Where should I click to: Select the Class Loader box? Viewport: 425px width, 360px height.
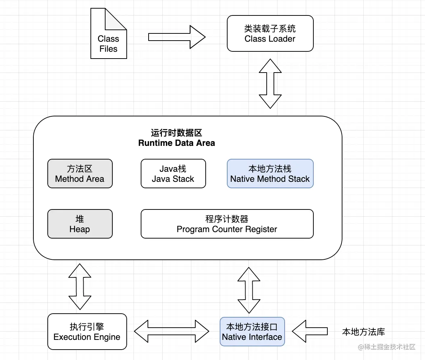(270, 33)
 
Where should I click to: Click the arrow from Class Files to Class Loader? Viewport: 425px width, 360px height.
(177, 37)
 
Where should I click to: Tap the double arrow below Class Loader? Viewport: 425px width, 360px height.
(270, 83)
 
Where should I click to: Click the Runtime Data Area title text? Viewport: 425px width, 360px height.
(177, 138)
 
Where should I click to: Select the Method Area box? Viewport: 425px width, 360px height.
(80, 174)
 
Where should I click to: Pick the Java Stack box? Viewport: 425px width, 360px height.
(173, 174)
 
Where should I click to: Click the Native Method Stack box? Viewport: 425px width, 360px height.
(270, 174)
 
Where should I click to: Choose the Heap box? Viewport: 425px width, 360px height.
(80, 224)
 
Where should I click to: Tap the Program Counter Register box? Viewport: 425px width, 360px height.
(227, 224)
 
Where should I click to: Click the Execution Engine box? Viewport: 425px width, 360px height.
(87, 332)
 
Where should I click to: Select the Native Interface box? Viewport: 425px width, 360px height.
(252, 332)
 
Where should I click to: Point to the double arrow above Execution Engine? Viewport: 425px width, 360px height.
(80, 286)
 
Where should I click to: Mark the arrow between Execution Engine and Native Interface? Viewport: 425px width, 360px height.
(171, 331)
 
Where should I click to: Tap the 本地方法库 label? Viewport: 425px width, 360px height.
(363, 332)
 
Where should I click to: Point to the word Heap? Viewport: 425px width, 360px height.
(80, 229)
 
